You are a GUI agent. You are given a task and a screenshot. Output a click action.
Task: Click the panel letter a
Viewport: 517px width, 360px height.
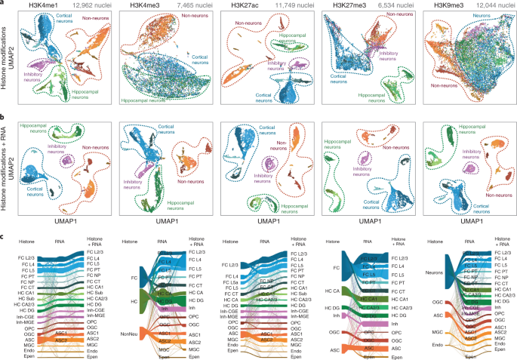click(x=3, y=4)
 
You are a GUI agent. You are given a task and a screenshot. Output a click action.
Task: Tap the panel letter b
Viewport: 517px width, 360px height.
click(x=3, y=117)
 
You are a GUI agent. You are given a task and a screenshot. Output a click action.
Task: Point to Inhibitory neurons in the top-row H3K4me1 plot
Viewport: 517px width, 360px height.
click(x=23, y=76)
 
